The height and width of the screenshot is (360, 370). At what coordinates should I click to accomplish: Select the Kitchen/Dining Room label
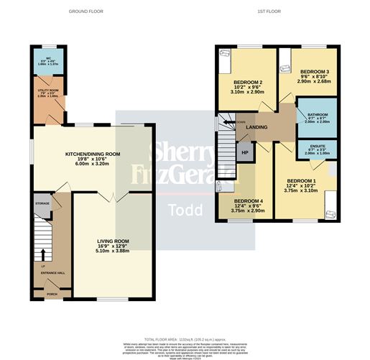(x=92, y=154)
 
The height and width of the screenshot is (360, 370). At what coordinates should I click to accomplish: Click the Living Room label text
(x=113, y=242)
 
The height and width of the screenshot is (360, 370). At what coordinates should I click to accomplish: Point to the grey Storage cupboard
(x=42, y=204)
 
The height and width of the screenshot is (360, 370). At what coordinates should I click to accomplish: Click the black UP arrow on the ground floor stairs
(x=42, y=254)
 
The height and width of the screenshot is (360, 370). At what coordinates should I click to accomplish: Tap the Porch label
(x=52, y=294)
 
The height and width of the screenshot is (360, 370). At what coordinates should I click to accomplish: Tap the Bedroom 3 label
(x=315, y=73)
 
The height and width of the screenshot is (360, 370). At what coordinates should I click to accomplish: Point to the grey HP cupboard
(x=245, y=152)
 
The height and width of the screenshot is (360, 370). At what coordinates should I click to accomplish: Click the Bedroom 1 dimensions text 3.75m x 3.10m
(x=301, y=190)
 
